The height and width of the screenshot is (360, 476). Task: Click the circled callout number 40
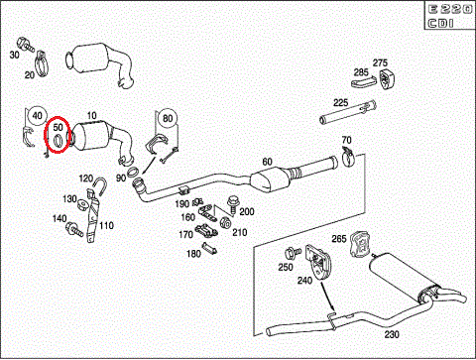(x=37, y=116)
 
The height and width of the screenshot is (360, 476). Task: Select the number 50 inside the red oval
(x=58, y=127)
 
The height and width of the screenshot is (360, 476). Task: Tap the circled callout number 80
(x=168, y=118)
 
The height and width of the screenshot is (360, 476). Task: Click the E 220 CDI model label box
(x=449, y=15)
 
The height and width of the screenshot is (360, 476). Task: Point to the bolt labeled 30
(x=25, y=45)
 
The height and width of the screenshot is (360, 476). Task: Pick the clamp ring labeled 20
(x=42, y=62)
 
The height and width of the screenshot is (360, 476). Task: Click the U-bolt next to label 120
(x=100, y=186)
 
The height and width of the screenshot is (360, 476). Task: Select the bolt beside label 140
(x=74, y=229)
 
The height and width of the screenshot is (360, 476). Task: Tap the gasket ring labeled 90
(x=133, y=173)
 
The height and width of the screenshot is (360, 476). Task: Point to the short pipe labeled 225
(x=348, y=112)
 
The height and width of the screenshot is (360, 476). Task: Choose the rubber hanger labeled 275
(x=388, y=79)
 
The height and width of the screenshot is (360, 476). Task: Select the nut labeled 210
(x=225, y=222)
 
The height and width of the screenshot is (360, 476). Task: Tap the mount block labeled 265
(x=360, y=244)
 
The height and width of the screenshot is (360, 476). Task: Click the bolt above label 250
(x=293, y=253)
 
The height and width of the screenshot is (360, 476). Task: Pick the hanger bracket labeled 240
(x=318, y=262)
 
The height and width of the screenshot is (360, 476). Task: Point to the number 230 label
(x=392, y=334)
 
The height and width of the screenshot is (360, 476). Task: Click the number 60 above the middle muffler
(x=267, y=162)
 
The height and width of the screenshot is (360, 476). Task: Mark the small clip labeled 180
(x=209, y=247)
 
